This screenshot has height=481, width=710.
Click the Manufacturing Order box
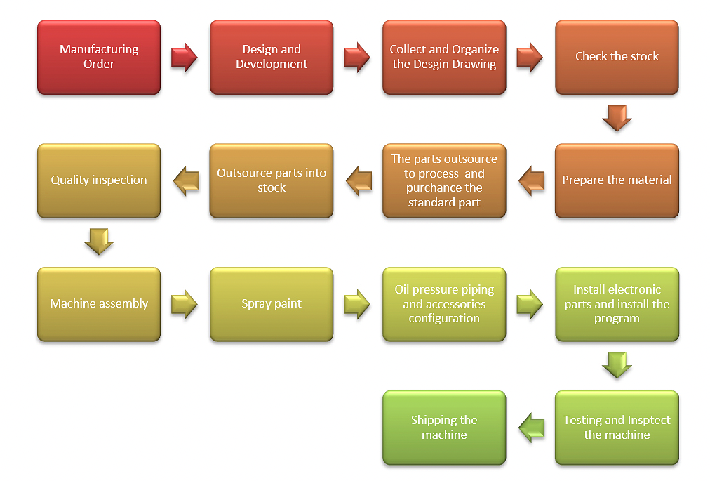99,57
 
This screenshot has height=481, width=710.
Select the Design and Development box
272,57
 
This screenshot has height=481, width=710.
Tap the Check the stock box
617,57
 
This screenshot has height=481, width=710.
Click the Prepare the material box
617,180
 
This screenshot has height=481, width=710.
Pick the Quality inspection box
99,180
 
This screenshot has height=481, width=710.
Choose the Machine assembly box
99,304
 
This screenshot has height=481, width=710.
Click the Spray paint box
272,304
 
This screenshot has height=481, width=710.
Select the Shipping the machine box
444,428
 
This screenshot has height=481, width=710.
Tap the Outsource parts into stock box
272,180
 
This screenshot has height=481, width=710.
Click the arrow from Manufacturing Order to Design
185,57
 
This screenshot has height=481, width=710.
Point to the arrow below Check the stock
617,118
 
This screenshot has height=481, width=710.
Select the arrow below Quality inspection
99,242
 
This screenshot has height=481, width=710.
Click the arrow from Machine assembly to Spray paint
185,304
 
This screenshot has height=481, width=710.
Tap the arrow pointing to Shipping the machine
531,428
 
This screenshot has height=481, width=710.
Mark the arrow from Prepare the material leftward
531,180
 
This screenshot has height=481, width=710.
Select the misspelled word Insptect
643,420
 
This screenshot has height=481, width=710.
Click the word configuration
444,318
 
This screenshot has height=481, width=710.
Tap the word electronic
635,289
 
